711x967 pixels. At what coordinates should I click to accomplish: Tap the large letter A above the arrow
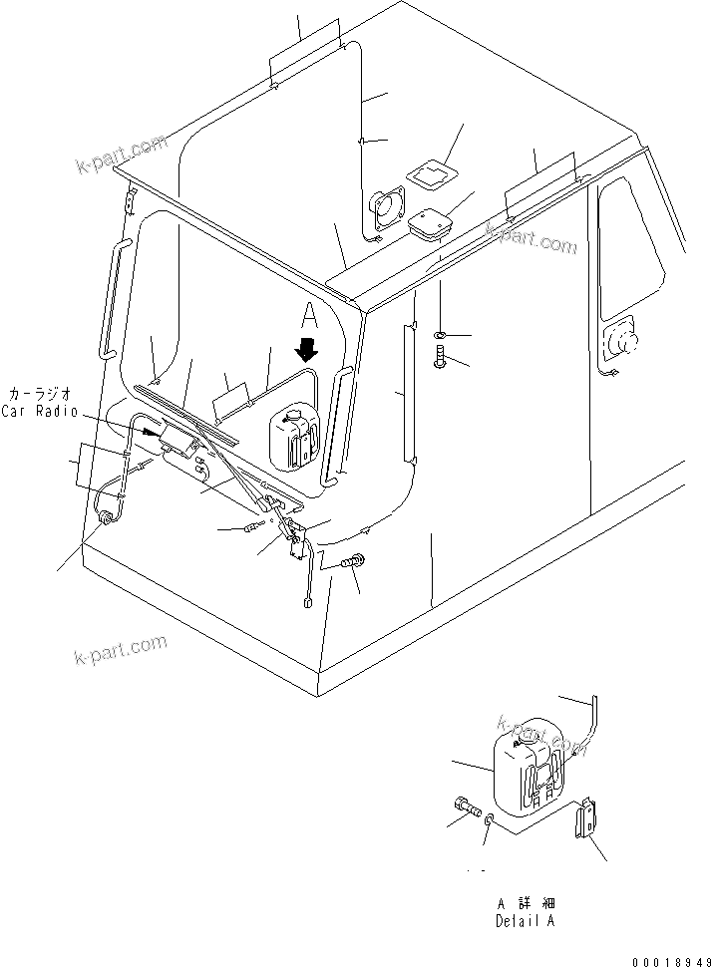[310, 317]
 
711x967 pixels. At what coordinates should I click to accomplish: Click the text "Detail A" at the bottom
[525, 921]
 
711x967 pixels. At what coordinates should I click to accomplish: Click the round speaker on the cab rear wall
[386, 209]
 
